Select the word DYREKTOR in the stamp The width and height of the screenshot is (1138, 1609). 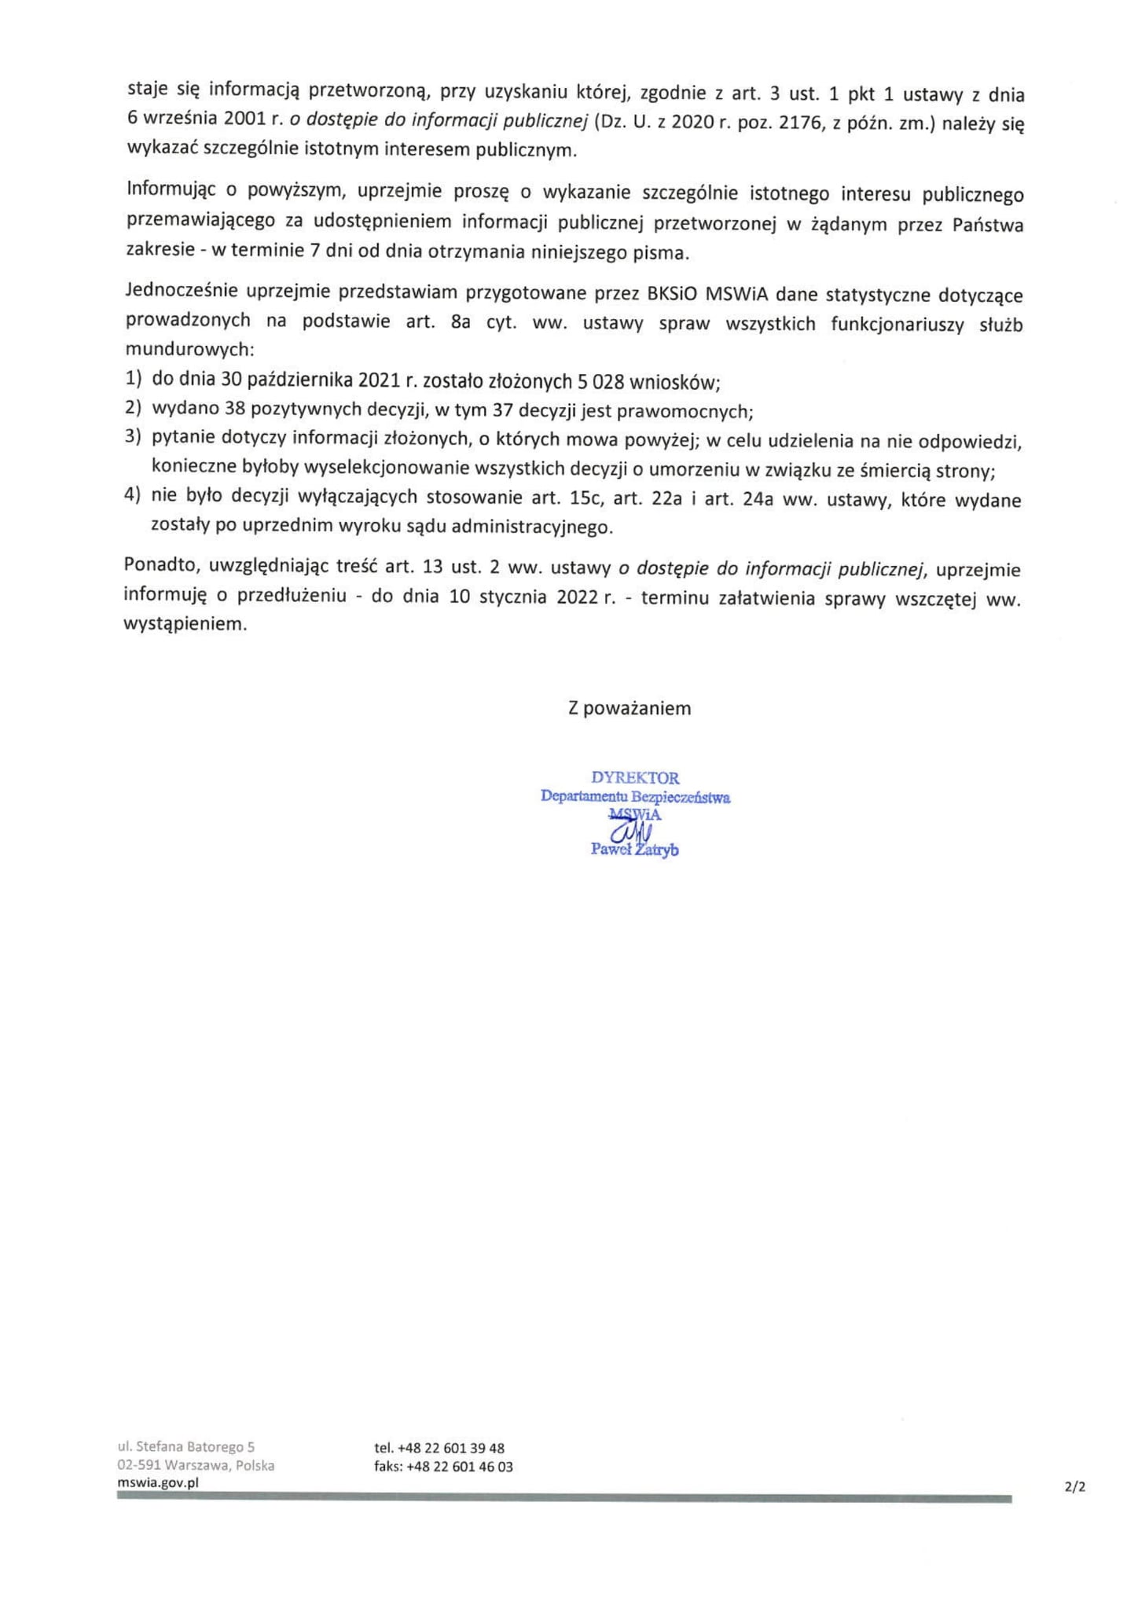click(635, 778)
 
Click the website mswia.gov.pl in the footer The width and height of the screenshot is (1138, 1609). click(158, 1482)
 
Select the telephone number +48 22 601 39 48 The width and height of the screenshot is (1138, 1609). click(451, 1448)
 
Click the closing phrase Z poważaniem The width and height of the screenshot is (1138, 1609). click(630, 708)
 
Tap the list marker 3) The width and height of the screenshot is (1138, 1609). click(133, 437)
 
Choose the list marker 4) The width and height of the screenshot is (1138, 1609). click(133, 496)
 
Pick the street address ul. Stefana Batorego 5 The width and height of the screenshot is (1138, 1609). click(186, 1447)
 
